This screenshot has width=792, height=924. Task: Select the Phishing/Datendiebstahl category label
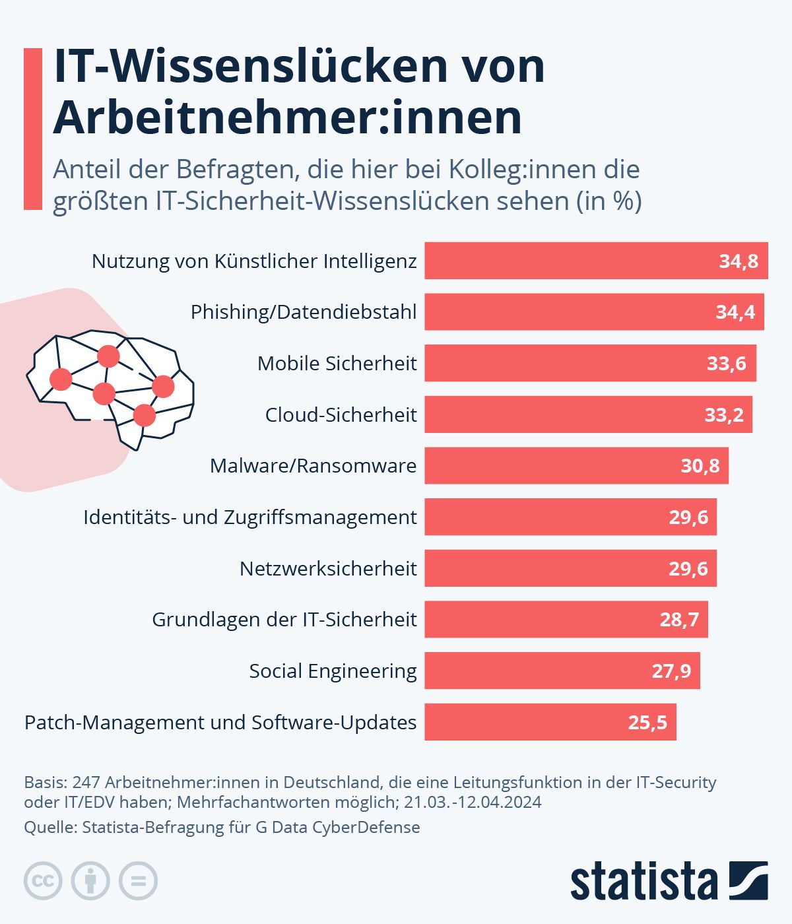(304, 312)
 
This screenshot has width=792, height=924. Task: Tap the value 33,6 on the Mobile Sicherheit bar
(726, 363)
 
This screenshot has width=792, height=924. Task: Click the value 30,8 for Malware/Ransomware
(700, 466)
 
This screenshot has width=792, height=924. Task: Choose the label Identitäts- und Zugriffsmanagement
(249, 517)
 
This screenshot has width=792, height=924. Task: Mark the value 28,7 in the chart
(679, 619)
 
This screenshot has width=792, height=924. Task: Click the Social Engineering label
(333, 671)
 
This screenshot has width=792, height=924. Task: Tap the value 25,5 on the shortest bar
(647, 722)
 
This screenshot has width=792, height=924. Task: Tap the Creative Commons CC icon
(43, 881)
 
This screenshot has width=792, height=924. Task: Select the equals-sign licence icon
(138, 881)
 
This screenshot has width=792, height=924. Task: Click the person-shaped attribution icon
(90, 881)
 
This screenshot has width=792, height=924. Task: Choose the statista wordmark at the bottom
(643, 881)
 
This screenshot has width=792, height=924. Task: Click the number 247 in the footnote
(86, 782)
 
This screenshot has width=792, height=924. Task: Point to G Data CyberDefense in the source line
(337, 827)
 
